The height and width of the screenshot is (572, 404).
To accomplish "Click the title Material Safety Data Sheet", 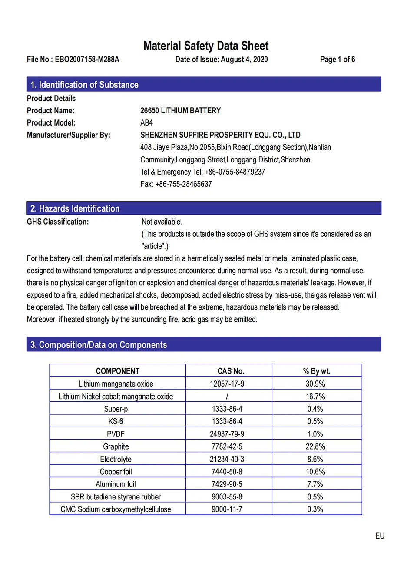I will (206, 46).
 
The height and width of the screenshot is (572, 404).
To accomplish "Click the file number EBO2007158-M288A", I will (87, 60).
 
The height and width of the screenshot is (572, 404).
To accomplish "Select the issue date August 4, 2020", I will (244, 60).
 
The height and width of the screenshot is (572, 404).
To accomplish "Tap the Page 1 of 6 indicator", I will (337, 60).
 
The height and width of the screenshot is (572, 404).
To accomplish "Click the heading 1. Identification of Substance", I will (84, 85).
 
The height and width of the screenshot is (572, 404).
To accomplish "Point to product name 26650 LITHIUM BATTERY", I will (180, 111).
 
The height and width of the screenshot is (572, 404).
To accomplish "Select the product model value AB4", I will (146, 123).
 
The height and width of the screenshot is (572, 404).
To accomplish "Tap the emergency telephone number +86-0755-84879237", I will (235, 172).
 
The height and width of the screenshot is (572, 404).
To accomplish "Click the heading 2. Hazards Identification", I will (75, 208).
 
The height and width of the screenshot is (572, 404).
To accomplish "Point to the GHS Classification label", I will (58, 222).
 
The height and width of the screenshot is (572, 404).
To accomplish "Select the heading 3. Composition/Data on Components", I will (99, 345).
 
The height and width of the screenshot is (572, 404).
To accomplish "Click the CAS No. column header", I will (231, 371).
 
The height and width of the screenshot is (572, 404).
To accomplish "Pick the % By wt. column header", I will (317, 371).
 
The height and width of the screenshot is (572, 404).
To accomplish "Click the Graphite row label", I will (116, 446).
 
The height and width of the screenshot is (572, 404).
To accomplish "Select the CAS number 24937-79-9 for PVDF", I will (227, 434).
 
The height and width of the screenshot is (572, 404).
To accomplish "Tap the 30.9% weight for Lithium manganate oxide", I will (315, 384).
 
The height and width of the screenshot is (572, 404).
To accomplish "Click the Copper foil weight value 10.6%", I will (315, 472).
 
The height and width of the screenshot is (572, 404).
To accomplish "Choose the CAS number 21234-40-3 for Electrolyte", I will (227, 459).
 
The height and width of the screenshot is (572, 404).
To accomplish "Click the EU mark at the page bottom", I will (380, 536).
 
